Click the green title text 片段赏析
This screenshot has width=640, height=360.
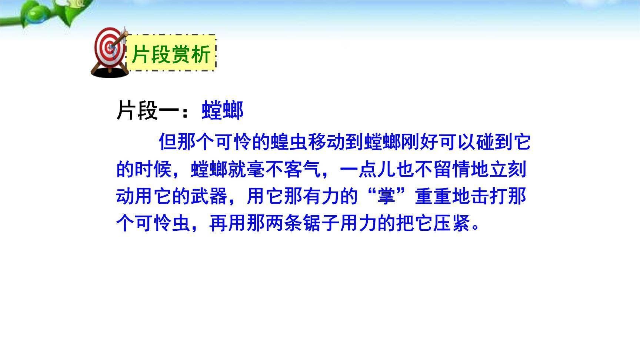click(x=171, y=54)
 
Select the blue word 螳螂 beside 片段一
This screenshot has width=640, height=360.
click(x=222, y=110)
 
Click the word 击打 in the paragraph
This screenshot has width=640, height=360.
click(x=489, y=196)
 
